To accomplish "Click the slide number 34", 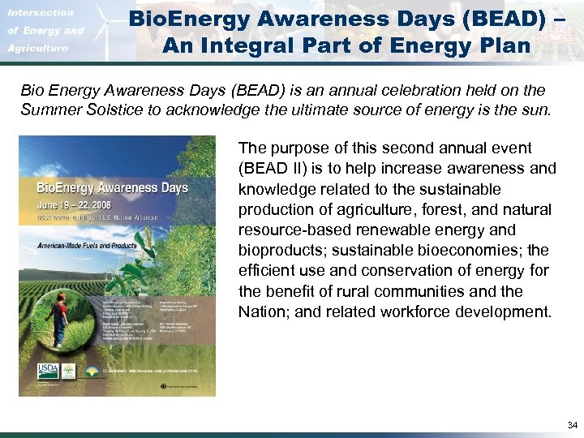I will pos(572,425).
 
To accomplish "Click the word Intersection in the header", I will pos(41,13).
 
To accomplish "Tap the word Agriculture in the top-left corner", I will pos(39,49).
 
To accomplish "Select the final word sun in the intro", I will pos(537,109).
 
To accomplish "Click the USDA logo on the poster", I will pos(46,371).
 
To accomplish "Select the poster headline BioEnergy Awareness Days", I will pos(112,188).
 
